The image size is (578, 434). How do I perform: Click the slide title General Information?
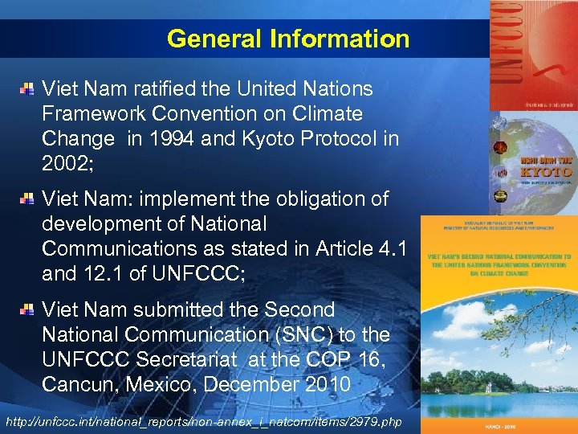288,38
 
